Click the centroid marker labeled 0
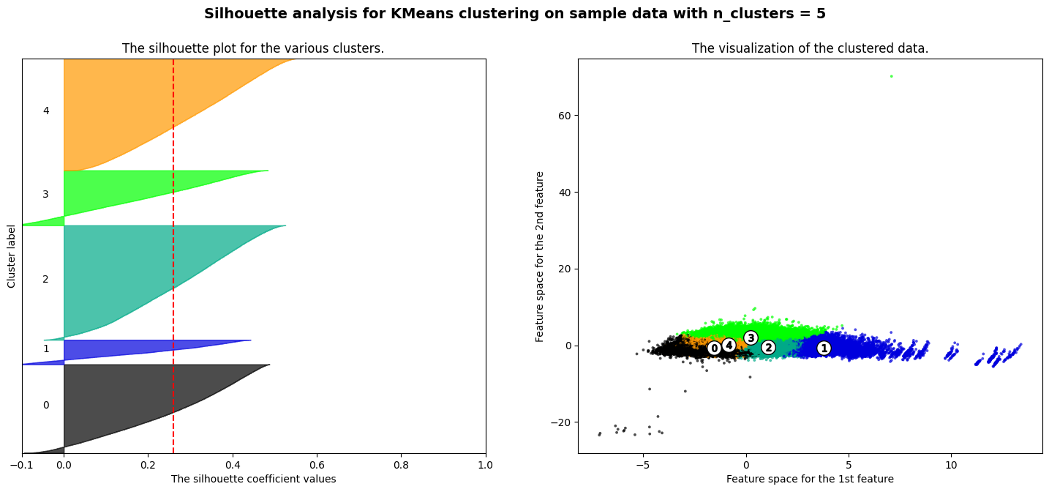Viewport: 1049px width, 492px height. pos(715,348)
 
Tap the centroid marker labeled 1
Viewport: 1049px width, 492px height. pos(824,348)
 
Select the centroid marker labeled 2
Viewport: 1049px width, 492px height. pos(768,347)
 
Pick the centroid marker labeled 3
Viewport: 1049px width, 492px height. pos(751,338)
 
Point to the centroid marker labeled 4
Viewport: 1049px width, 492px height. pos(729,345)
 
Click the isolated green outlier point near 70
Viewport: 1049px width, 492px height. pos(891,76)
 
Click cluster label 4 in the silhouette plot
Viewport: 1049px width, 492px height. pos(46,111)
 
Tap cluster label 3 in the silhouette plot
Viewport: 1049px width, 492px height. pos(46,194)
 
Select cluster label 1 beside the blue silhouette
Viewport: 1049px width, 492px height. pos(46,349)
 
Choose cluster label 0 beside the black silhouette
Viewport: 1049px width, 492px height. pos(46,406)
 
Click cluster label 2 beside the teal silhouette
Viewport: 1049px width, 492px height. pos(46,279)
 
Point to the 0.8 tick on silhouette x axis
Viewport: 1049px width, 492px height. pos(401,465)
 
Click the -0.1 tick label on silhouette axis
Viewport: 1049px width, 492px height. pos(22,465)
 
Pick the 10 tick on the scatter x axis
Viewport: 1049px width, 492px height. pos(951,465)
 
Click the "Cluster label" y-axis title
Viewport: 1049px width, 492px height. pos(12,256)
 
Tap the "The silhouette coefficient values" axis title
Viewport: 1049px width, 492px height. pos(253,479)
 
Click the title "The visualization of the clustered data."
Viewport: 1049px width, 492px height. pos(810,48)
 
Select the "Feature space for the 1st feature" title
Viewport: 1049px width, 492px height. pos(810,479)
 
